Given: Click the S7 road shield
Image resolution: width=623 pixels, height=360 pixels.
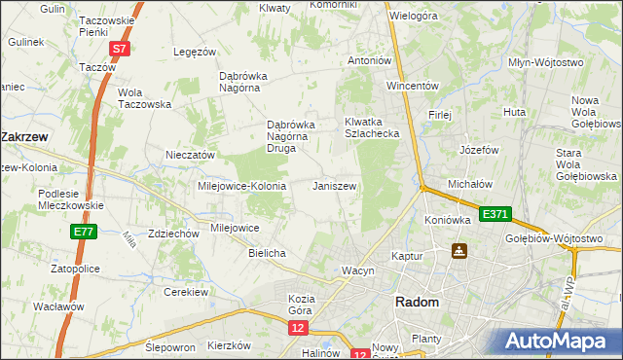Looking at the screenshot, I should click(119, 49).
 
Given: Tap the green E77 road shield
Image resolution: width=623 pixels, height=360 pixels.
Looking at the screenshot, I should click(83, 233).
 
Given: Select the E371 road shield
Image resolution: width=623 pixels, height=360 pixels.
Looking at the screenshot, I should click(493, 213).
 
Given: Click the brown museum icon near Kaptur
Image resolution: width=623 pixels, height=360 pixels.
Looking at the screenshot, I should click(458, 252).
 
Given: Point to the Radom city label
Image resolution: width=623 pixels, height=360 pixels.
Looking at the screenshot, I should click(417, 303).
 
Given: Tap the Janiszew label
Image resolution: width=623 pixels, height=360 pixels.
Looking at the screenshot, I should click(334, 185).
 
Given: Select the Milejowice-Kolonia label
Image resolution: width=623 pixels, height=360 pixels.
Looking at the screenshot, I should click(241, 185).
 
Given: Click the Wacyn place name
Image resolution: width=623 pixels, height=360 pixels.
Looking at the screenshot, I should click(357, 270).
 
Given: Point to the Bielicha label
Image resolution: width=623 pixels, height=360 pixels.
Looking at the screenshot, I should click(267, 253).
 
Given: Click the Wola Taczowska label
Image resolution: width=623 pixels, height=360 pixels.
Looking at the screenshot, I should click(144, 98).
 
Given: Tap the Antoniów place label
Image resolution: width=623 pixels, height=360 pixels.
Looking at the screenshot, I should click(370, 60).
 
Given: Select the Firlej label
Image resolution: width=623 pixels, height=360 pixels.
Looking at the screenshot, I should click(440, 115).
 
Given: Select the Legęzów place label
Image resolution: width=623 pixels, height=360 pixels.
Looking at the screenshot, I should click(193, 52).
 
